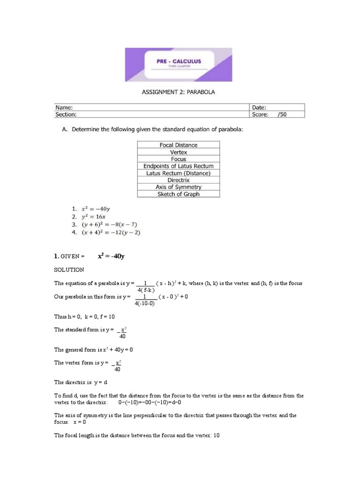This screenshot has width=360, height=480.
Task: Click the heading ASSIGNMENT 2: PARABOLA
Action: click(178, 92)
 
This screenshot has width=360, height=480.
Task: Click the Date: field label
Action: click(259, 107)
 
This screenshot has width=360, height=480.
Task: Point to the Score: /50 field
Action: click(269, 114)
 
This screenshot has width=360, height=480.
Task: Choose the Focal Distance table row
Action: click(178, 145)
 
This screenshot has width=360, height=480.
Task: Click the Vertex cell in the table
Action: click(178, 152)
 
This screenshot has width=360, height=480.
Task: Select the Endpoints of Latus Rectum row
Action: click(178, 166)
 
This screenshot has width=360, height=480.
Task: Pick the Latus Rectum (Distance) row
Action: click(178, 173)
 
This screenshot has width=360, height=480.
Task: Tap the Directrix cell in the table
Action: click(178, 180)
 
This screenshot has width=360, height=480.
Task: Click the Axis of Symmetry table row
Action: click(178, 187)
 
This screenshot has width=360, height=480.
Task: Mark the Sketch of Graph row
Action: click(178, 194)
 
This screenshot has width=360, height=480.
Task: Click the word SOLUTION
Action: click(69, 270)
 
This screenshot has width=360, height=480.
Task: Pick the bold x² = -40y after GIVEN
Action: click(111, 256)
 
